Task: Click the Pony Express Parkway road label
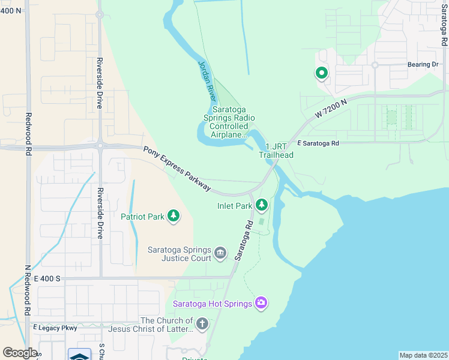(177, 169)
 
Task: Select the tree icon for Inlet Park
(262, 206)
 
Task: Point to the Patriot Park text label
(142, 217)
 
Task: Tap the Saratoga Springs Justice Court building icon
(220, 254)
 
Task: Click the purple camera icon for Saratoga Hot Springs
(261, 303)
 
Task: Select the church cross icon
(203, 325)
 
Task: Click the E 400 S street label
(47, 278)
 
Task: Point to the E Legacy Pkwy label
(56, 328)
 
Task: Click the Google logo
(19, 352)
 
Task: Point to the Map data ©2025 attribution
(423, 355)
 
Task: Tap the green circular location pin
(321, 73)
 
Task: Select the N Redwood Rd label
(27, 290)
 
